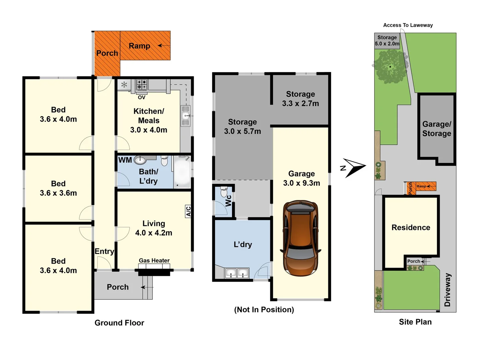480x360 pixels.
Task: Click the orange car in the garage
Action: point(300,238)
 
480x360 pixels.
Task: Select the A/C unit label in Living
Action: point(188,211)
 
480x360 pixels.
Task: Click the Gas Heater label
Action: point(154,260)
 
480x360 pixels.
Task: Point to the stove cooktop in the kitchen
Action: point(142,85)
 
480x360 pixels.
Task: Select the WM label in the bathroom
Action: point(125,160)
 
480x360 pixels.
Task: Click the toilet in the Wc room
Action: point(224,192)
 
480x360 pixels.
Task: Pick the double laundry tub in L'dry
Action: point(237,273)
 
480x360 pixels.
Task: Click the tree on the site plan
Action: point(390,67)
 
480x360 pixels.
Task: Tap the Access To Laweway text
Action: point(408,25)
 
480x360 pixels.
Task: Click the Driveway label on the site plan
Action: point(447,290)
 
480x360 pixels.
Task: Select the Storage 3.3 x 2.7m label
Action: point(300,99)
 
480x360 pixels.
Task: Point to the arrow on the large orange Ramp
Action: point(164,46)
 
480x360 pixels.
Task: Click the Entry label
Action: point(104,251)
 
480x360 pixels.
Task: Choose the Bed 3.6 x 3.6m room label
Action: point(58,188)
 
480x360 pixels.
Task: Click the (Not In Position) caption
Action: point(264,310)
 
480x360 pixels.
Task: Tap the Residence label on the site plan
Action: point(411,227)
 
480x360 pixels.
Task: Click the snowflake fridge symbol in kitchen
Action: point(124,85)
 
